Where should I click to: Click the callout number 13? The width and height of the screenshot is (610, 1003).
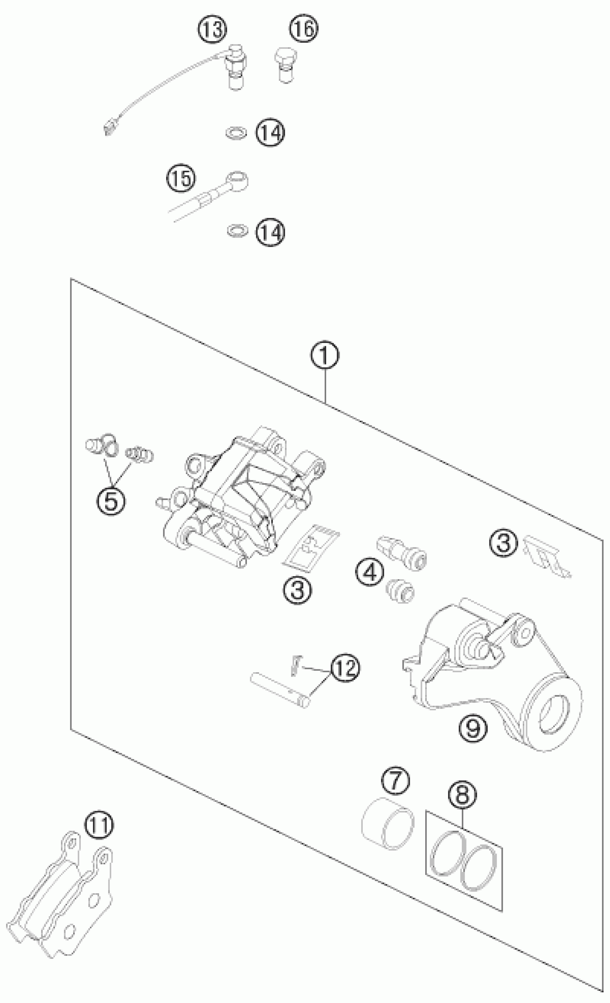click(212, 30)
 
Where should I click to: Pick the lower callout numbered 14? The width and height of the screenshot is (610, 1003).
click(270, 232)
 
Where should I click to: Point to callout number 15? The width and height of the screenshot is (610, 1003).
click(181, 178)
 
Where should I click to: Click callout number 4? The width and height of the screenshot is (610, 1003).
click(370, 573)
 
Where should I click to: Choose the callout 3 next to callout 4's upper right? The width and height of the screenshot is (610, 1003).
click(504, 543)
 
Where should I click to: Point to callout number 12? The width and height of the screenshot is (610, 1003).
click(345, 668)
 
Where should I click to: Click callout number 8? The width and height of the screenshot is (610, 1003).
click(462, 794)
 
